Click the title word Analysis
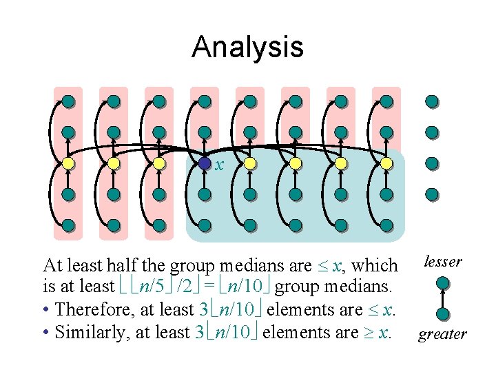247,47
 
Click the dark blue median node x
205,164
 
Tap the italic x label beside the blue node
219,165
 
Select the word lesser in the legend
443,261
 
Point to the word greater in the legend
443,335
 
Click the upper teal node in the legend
443,282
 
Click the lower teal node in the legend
443,313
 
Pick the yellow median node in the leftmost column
68,164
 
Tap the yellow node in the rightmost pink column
386,164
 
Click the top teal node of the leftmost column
68,102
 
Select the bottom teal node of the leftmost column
68,225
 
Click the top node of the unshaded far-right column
432,102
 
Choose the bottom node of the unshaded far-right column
432,194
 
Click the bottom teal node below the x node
205,225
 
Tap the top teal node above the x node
205,102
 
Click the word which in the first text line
374,266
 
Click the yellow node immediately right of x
250,164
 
